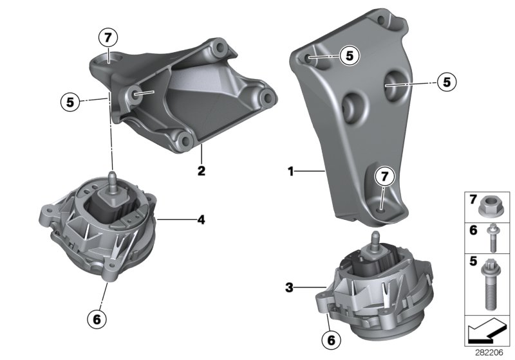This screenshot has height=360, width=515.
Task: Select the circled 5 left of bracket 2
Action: [x=70, y=101]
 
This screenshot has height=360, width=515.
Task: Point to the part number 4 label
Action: [x=201, y=220]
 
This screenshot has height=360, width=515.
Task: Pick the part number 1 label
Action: [x=290, y=171]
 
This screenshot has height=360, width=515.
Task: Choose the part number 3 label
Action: [x=289, y=288]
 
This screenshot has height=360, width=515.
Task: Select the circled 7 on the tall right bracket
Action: [x=383, y=175]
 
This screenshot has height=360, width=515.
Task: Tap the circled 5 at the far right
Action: [x=445, y=82]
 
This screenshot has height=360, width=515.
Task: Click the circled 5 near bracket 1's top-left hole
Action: [x=349, y=56]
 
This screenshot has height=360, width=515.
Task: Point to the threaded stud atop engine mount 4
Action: [x=112, y=178]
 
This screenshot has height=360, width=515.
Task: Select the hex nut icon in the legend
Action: [x=488, y=208]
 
